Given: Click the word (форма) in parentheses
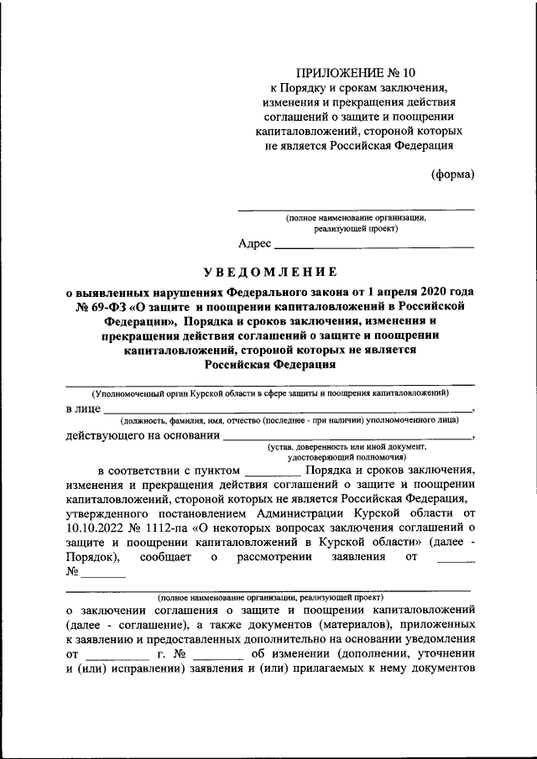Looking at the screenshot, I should pos(452,174).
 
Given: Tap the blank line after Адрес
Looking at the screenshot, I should pos(374,245).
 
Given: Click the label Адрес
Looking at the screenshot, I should pos(255,244).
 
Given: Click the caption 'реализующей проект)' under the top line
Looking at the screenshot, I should pos(357,227).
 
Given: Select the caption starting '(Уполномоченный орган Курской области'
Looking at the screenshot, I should pos(270,392).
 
